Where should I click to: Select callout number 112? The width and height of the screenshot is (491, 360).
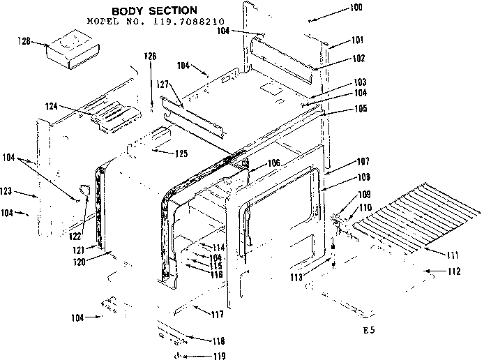click(x=453, y=271)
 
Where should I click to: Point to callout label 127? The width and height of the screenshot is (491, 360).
click(x=163, y=84)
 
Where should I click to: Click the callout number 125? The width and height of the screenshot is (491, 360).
click(x=181, y=152)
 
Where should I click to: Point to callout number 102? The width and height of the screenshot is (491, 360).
click(x=339, y=59)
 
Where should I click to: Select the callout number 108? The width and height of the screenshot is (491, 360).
click(x=345, y=177)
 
